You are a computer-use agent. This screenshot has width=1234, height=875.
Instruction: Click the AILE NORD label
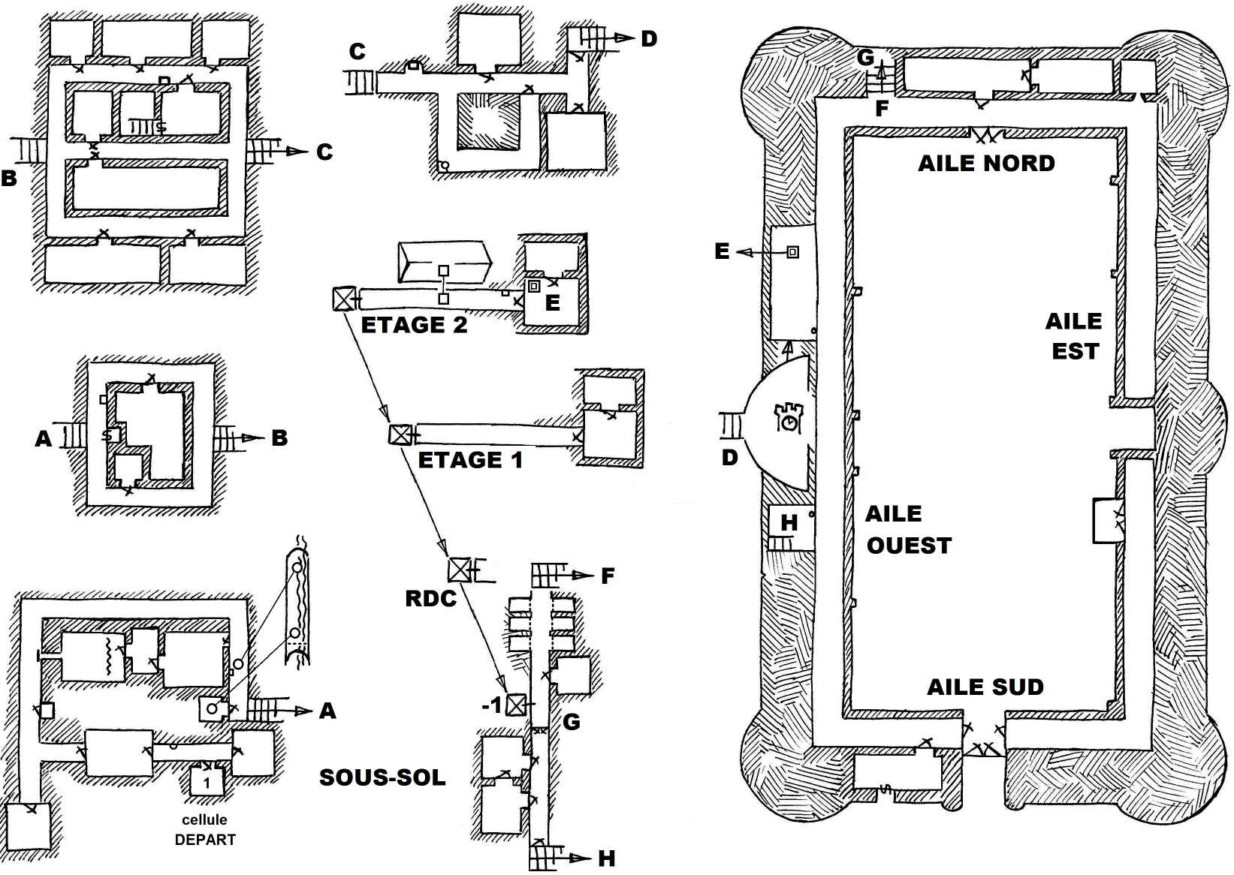point(986,164)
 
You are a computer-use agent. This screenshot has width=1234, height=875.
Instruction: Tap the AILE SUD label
point(985,687)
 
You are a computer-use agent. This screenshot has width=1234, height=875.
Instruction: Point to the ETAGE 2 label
point(414,325)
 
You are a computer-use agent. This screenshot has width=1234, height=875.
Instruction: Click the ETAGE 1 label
point(470,460)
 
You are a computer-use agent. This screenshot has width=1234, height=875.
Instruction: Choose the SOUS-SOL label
point(382,777)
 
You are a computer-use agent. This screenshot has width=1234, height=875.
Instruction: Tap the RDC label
point(430,598)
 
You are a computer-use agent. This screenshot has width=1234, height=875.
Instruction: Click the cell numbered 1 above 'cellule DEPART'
point(207,783)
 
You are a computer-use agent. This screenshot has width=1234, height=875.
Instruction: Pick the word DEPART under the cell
point(205,840)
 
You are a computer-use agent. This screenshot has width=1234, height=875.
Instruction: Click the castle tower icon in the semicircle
point(789,417)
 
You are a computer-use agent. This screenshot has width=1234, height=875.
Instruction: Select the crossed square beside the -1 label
point(516,705)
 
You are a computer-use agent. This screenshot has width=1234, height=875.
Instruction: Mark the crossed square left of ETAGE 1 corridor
point(400,434)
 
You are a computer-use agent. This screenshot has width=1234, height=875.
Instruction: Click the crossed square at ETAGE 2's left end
point(343,299)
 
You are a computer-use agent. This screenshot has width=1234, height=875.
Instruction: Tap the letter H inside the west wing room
point(789,522)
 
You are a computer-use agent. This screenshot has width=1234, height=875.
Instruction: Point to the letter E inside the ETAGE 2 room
point(553,302)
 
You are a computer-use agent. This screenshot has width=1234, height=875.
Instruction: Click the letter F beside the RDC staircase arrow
point(608,576)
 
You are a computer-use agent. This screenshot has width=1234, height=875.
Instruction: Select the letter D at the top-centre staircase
point(649,39)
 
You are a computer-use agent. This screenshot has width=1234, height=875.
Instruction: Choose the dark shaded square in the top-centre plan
point(488,121)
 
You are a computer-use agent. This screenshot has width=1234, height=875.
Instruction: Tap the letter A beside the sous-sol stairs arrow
point(327,711)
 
